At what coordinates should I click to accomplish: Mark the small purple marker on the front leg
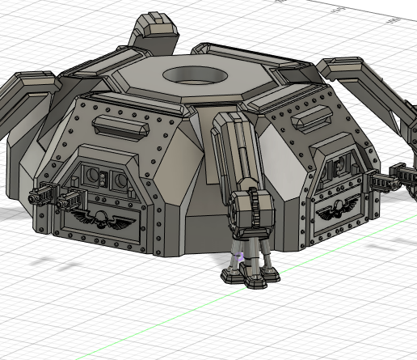[x=238, y=257]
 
